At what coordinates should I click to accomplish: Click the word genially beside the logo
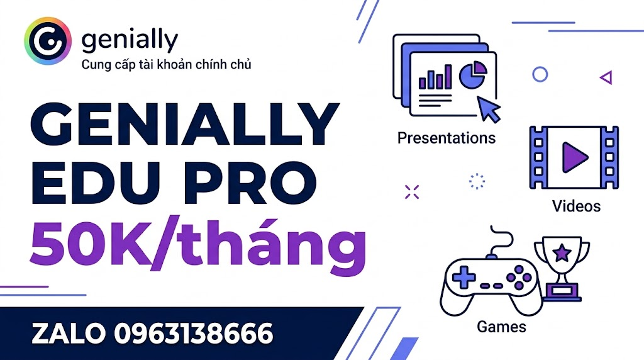[130, 40]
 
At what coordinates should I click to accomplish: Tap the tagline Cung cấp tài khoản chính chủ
[167, 64]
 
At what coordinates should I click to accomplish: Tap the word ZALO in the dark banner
[69, 334]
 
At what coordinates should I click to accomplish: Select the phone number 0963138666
[194, 334]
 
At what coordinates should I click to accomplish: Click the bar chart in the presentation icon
[435, 78]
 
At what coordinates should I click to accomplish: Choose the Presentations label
[447, 137]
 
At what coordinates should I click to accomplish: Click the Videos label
[576, 206]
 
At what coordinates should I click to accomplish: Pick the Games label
[501, 327]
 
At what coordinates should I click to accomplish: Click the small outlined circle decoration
[540, 75]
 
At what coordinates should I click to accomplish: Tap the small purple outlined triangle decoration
[606, 77]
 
